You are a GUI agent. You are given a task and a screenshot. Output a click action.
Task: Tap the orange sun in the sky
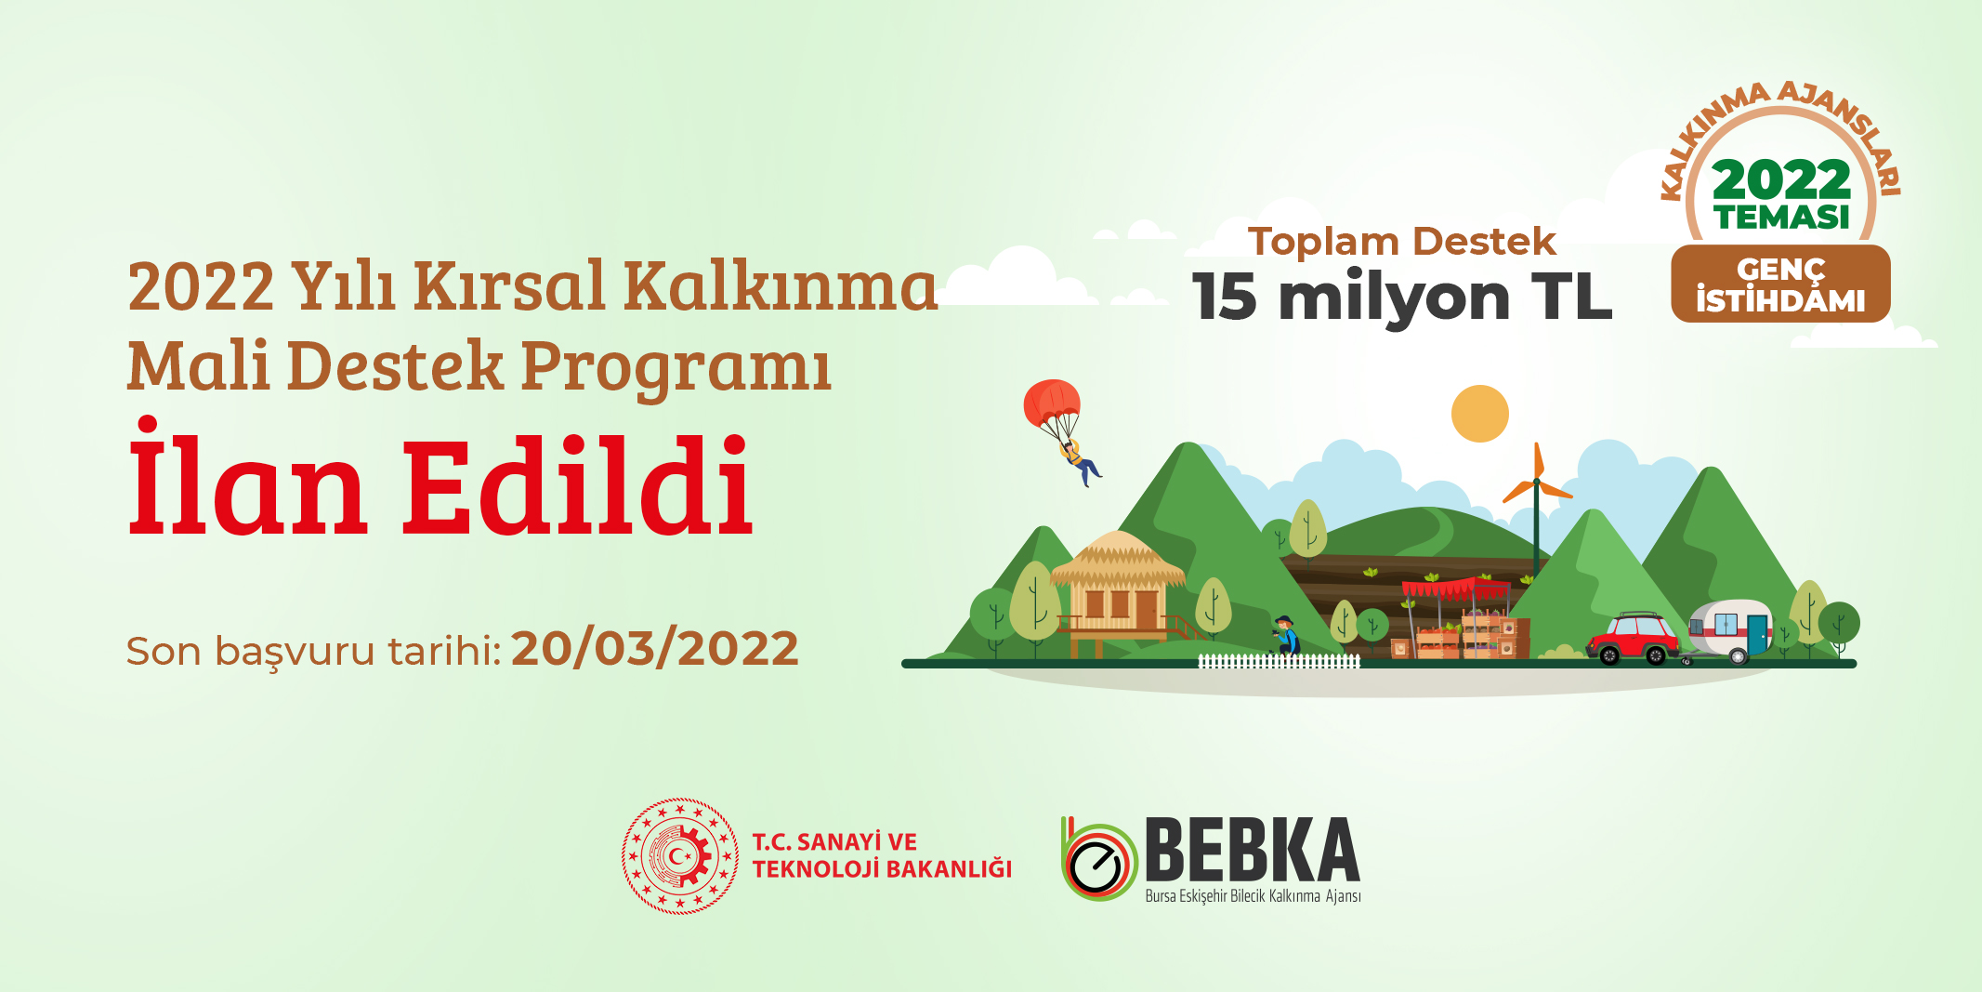(1480, 414)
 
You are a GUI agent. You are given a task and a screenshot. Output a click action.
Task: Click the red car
(1634, 637)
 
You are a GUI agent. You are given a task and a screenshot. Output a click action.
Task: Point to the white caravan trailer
(1730, 630)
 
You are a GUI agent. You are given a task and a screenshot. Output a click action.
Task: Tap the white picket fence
(1280, 661)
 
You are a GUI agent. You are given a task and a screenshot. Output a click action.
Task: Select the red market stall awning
(1455, 588)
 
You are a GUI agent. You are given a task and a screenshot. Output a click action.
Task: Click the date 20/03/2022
(655, 648)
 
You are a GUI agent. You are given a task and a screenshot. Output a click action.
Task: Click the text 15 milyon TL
(1402, 298)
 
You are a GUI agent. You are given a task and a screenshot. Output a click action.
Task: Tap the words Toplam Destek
(1401, 242)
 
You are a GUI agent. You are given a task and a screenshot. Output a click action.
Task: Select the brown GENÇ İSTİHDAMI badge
(1780, 284)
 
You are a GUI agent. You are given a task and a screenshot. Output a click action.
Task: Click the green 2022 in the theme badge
(1782, 179)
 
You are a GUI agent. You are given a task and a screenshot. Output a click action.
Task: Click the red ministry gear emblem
(680, 855)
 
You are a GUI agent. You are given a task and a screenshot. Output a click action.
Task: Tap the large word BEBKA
(1253, 849)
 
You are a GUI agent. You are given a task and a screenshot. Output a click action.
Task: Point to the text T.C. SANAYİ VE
(834, 842)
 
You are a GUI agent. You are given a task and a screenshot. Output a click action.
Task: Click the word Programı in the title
(676, 367)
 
